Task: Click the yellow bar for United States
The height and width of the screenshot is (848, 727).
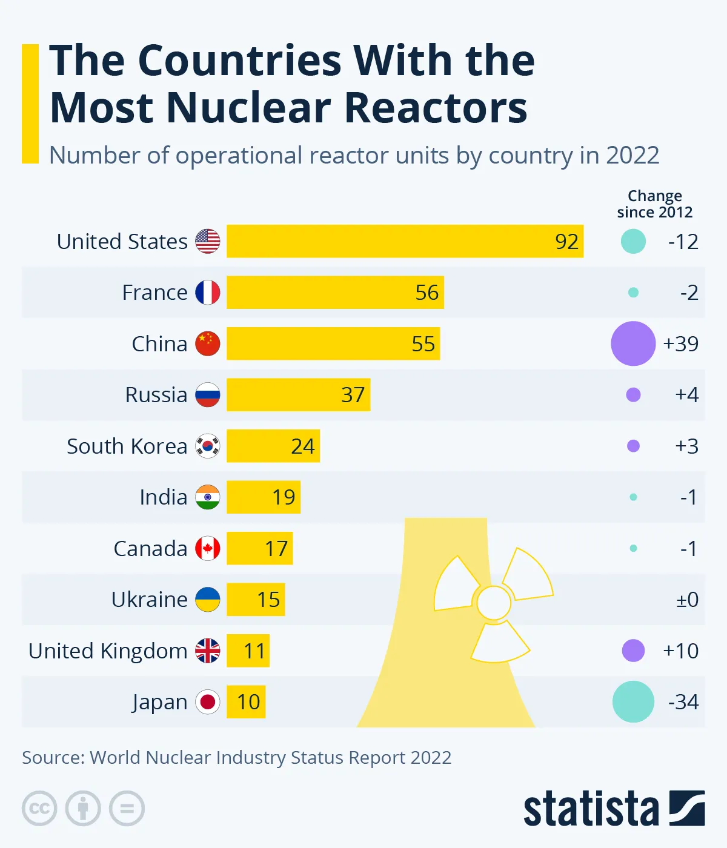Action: [405, 241]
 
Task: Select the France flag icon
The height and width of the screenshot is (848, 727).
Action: [207, 293]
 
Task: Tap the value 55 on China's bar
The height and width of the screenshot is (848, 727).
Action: [423, 344]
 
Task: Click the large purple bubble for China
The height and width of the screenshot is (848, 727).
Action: [633, 343]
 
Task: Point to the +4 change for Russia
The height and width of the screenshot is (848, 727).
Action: [686, 395]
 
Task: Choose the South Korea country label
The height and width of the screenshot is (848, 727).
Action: [127, 446]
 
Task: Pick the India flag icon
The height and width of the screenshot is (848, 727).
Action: [207, 497]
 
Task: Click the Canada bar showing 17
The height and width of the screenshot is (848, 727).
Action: [259, 548]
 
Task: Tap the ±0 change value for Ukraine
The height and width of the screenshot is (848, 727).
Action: [687, 600]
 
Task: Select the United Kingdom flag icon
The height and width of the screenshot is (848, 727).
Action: [207, 651]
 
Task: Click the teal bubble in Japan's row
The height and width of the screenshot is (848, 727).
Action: [633, 701]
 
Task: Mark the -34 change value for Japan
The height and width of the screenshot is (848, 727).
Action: [683, 702]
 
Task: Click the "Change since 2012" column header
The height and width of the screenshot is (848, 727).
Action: [654, 204]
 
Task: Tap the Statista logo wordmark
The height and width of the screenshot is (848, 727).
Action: [591, 809]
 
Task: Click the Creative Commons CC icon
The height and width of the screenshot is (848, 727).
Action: [39, 809]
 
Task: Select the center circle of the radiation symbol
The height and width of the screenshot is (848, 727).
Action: [494, 603]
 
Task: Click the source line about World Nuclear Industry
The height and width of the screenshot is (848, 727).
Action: [236, 758]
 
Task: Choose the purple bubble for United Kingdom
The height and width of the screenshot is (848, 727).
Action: [633, 651]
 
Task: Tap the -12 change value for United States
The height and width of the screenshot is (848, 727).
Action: [683, 242]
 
